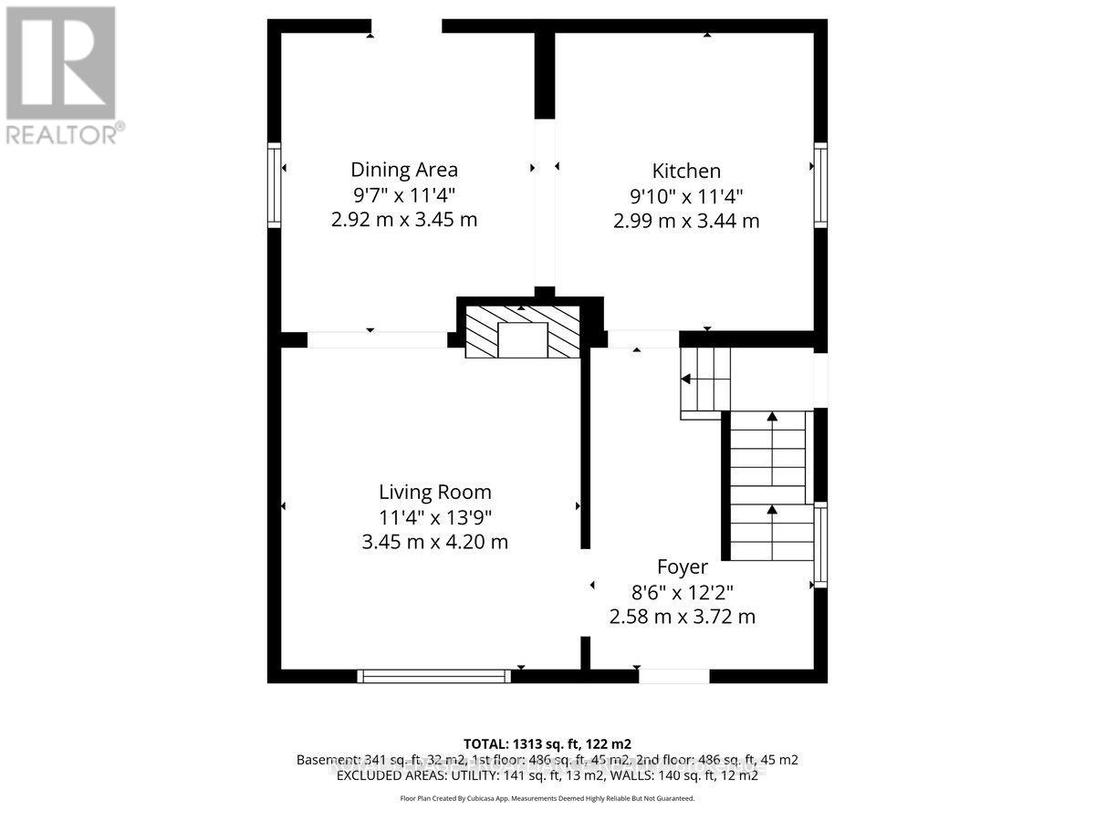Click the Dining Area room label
(404, 170)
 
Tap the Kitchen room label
(686, 171)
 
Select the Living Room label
(435, 493)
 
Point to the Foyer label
(683, 567)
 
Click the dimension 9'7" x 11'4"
(404, 194)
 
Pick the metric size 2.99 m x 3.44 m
(686, 221)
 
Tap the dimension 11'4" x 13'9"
(435, 517)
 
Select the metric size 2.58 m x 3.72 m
(683, 617)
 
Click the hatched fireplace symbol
(523, 332)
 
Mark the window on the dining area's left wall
(273, 184)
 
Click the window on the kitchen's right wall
(821, 184)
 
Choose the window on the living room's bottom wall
(434, 676)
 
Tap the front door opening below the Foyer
(673, 676)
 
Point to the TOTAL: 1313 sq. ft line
(547, 743)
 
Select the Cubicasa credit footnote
(547, 798)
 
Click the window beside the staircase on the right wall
(821, 545)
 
